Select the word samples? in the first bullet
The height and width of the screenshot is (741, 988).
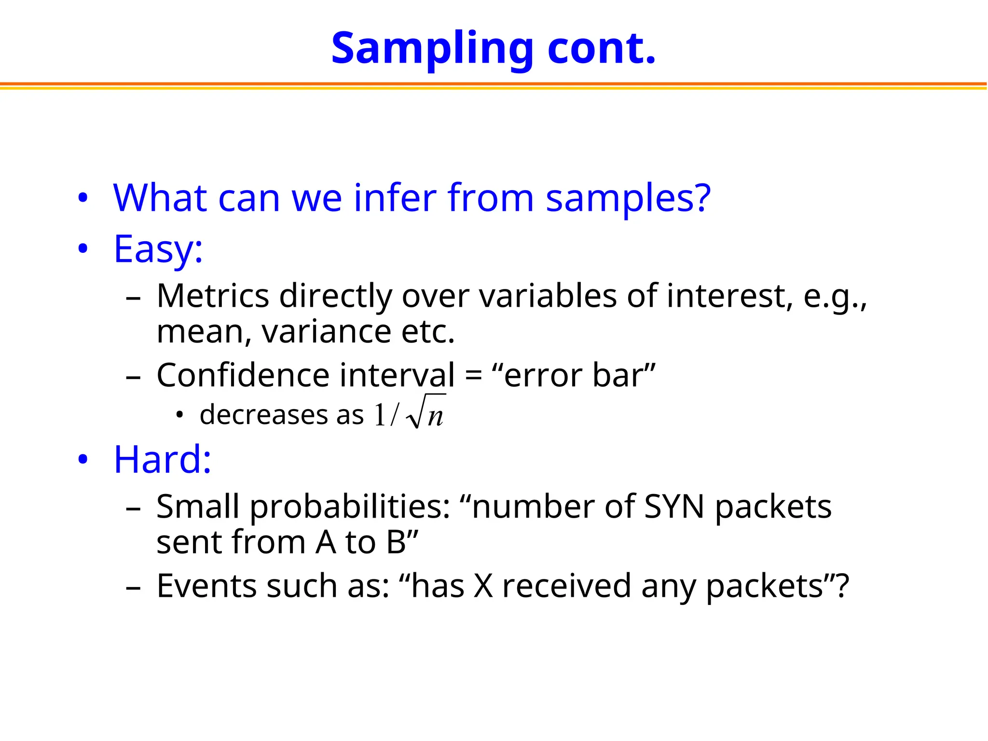click(x=628, y=199)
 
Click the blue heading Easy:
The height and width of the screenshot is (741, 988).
click(x=158, y=249)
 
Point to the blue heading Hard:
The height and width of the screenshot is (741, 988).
click(x=163, y=459)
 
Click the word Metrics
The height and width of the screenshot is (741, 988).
click(x=213, y=296)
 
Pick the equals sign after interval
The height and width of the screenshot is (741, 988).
click(x=473, y=376)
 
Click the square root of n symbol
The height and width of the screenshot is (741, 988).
click(x=426, y=412)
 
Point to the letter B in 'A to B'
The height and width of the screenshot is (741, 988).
click(x=396, y=542)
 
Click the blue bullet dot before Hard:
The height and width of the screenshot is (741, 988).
click(x=83, y=460)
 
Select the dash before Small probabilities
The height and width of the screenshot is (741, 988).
click(x=133, y=508)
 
